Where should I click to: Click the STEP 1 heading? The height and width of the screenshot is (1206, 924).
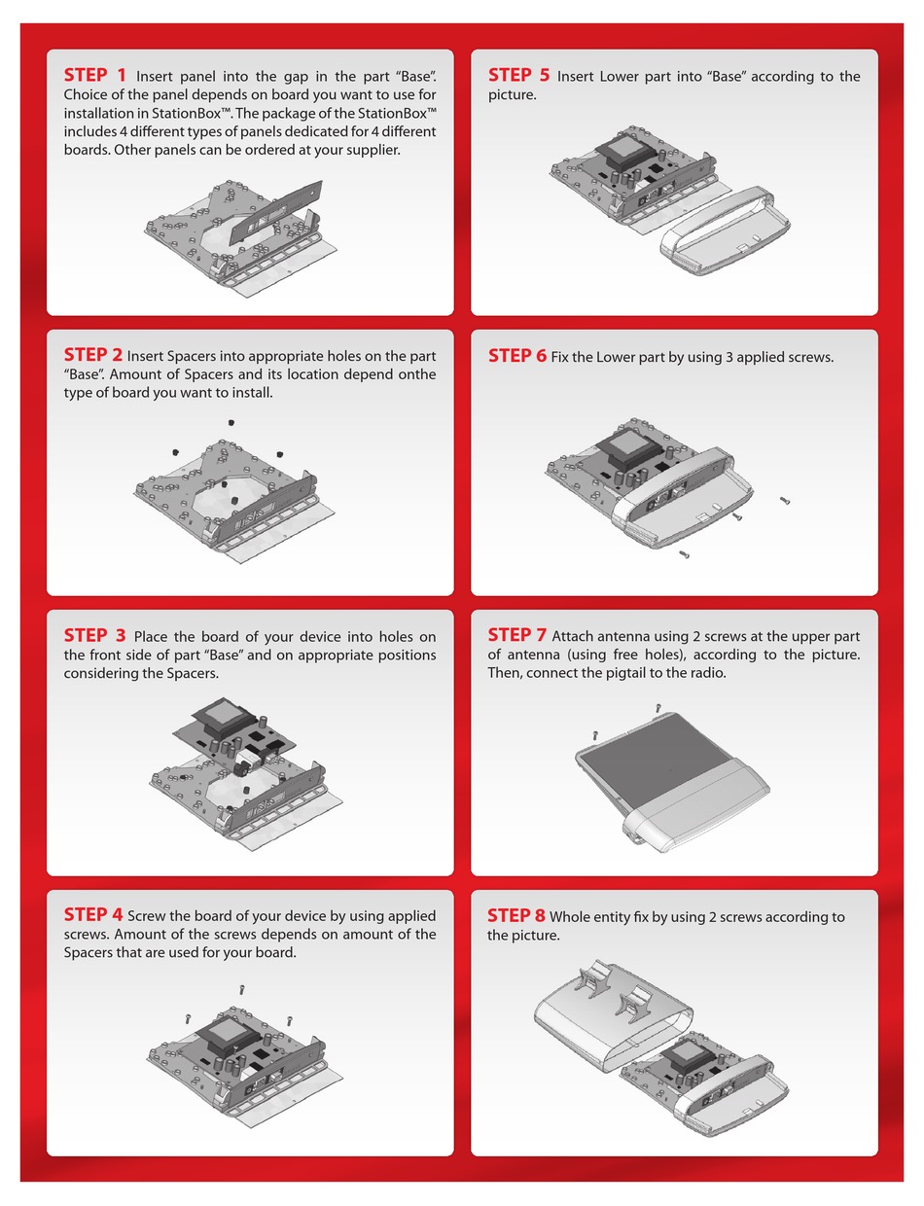click(x=95, y=75)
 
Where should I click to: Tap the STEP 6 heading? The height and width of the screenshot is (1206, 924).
click(x=516, y=356)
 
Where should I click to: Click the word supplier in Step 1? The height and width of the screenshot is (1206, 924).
click(x=371, y=150)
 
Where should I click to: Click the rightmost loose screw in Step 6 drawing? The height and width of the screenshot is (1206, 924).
click(x=785, y=501)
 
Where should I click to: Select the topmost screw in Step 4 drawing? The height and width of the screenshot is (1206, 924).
click(x=241, y=988)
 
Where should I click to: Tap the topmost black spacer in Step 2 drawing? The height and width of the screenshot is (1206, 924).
click(x=232, y=423)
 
